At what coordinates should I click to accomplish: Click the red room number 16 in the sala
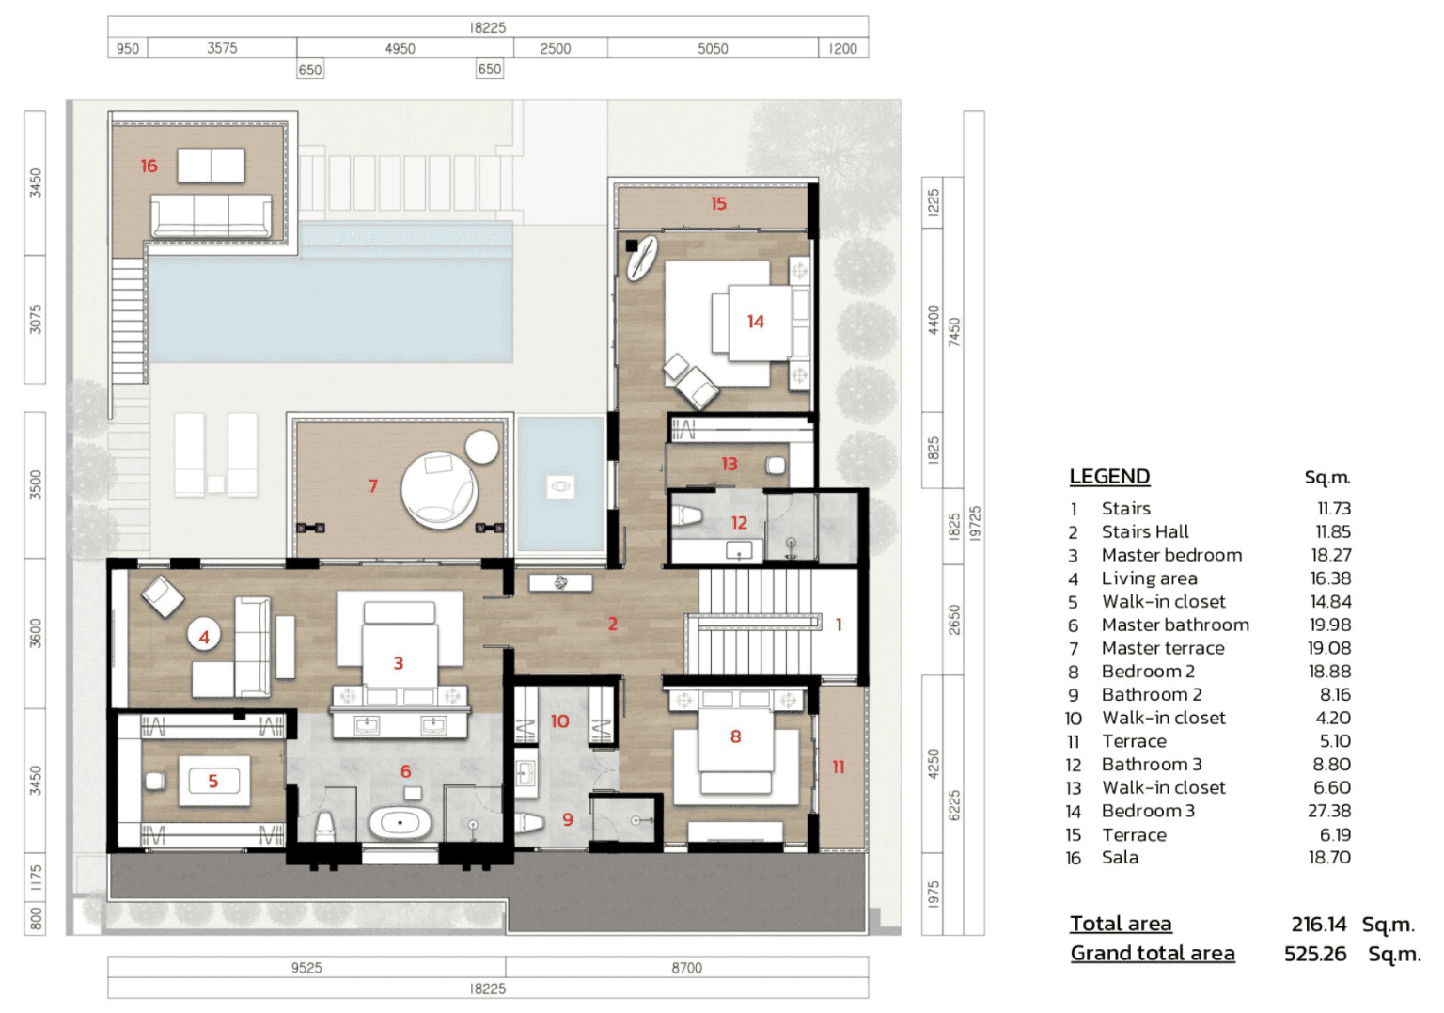[x=149, y=166]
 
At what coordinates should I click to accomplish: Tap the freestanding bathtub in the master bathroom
[x=400, y=823]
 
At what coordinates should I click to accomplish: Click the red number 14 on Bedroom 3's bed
[x=756, y=321]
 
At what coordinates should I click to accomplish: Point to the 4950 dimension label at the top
[x=400, y=48]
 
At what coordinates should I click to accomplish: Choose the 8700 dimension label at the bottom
[x=686, y=967]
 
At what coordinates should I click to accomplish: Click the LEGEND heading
[x=1109, y=476]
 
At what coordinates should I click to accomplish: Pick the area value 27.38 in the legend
[x=1329, y=811]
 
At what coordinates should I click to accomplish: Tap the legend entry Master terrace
[x=1163, y=648]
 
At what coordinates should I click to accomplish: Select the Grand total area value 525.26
[x=1315, y=953]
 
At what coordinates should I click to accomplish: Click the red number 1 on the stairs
[x=839, y=625]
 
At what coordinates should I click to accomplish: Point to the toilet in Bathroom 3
[x=686, y=515]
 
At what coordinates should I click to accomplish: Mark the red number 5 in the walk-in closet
[x=213, y=782]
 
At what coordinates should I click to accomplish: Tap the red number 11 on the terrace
[x=838, y=767]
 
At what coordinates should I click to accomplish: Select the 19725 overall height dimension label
[x=975, y=523]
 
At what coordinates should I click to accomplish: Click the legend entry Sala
[x=1120, y=858]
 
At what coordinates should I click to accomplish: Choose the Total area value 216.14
[x=1319, y=924]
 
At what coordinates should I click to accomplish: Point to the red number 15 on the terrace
[x=718, y=204]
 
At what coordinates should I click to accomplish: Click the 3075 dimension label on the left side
[x=36, y=319]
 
